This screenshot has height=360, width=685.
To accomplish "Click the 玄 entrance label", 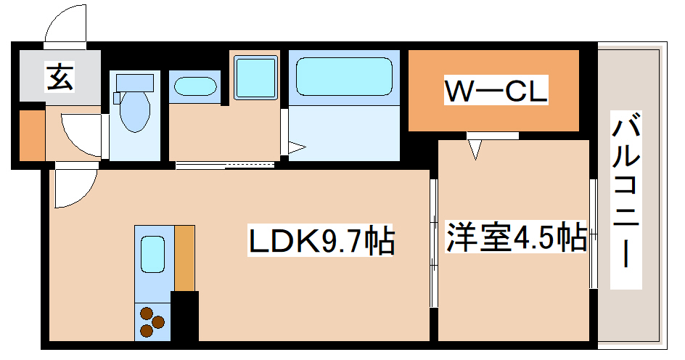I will tap(60, 77).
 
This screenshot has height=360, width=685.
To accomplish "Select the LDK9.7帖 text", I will tap(321, 242).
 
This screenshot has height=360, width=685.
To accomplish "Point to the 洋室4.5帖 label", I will tap(516, 237).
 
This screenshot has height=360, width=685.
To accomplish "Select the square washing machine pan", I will tap(255, 77).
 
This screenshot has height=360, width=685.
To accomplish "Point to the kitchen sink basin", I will tap(153, 253).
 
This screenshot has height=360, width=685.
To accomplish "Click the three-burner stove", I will tap(152, 322).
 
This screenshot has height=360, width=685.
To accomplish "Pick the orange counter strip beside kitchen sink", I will tap(184, 258).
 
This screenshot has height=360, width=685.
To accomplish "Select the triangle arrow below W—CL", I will tap(475, 150).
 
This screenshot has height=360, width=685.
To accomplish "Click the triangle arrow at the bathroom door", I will tap(296, 149).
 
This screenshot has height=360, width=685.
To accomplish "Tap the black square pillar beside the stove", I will tap(184, 316).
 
